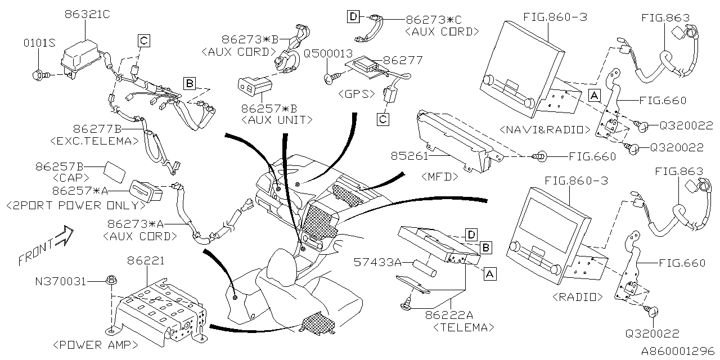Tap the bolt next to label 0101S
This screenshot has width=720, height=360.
pyautogui.click(x=43, y=74)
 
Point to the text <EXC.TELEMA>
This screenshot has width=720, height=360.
pyautogui.click(x=94, y=141)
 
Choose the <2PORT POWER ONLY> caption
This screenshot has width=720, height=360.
pyautogui.click(x=72, y=205)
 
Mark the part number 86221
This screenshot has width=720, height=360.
pyautogui.click(x=146, y=261)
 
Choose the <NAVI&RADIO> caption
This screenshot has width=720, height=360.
pyautogui.click(x=541, y=129)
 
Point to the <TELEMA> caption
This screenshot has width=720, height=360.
pyautogui.click(x=464, y=327)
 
